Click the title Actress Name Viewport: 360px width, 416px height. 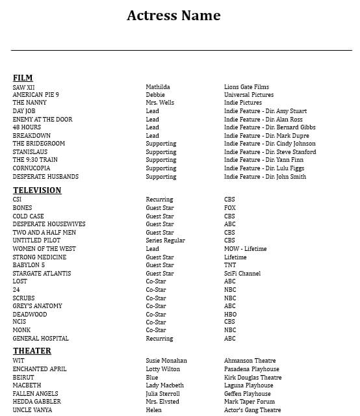coord(174,16)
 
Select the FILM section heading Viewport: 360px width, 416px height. coord(23,78)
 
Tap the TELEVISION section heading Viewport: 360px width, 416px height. coord(37,190)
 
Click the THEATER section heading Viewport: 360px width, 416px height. coord(32,351)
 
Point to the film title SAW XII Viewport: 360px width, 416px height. coord(24,87)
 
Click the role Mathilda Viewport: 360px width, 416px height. coord(158,87)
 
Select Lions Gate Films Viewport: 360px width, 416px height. coord(246,87)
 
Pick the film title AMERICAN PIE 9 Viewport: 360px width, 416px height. coord(36,95)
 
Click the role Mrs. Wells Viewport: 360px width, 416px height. coord(160,103)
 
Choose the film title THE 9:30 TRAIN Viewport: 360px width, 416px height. coord(35,160)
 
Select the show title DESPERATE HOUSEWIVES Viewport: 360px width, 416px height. coord(49,224)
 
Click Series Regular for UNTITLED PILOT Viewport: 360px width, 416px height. coord(165,240)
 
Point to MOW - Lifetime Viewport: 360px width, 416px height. coord(245,249)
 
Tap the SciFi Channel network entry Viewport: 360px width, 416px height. coord(242,274)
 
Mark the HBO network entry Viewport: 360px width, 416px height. coord(230,315)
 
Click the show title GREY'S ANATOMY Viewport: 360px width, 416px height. coord(38,306)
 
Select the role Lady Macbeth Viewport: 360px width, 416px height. coord(164,385)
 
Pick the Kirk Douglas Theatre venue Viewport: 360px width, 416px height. coord(253,378)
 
